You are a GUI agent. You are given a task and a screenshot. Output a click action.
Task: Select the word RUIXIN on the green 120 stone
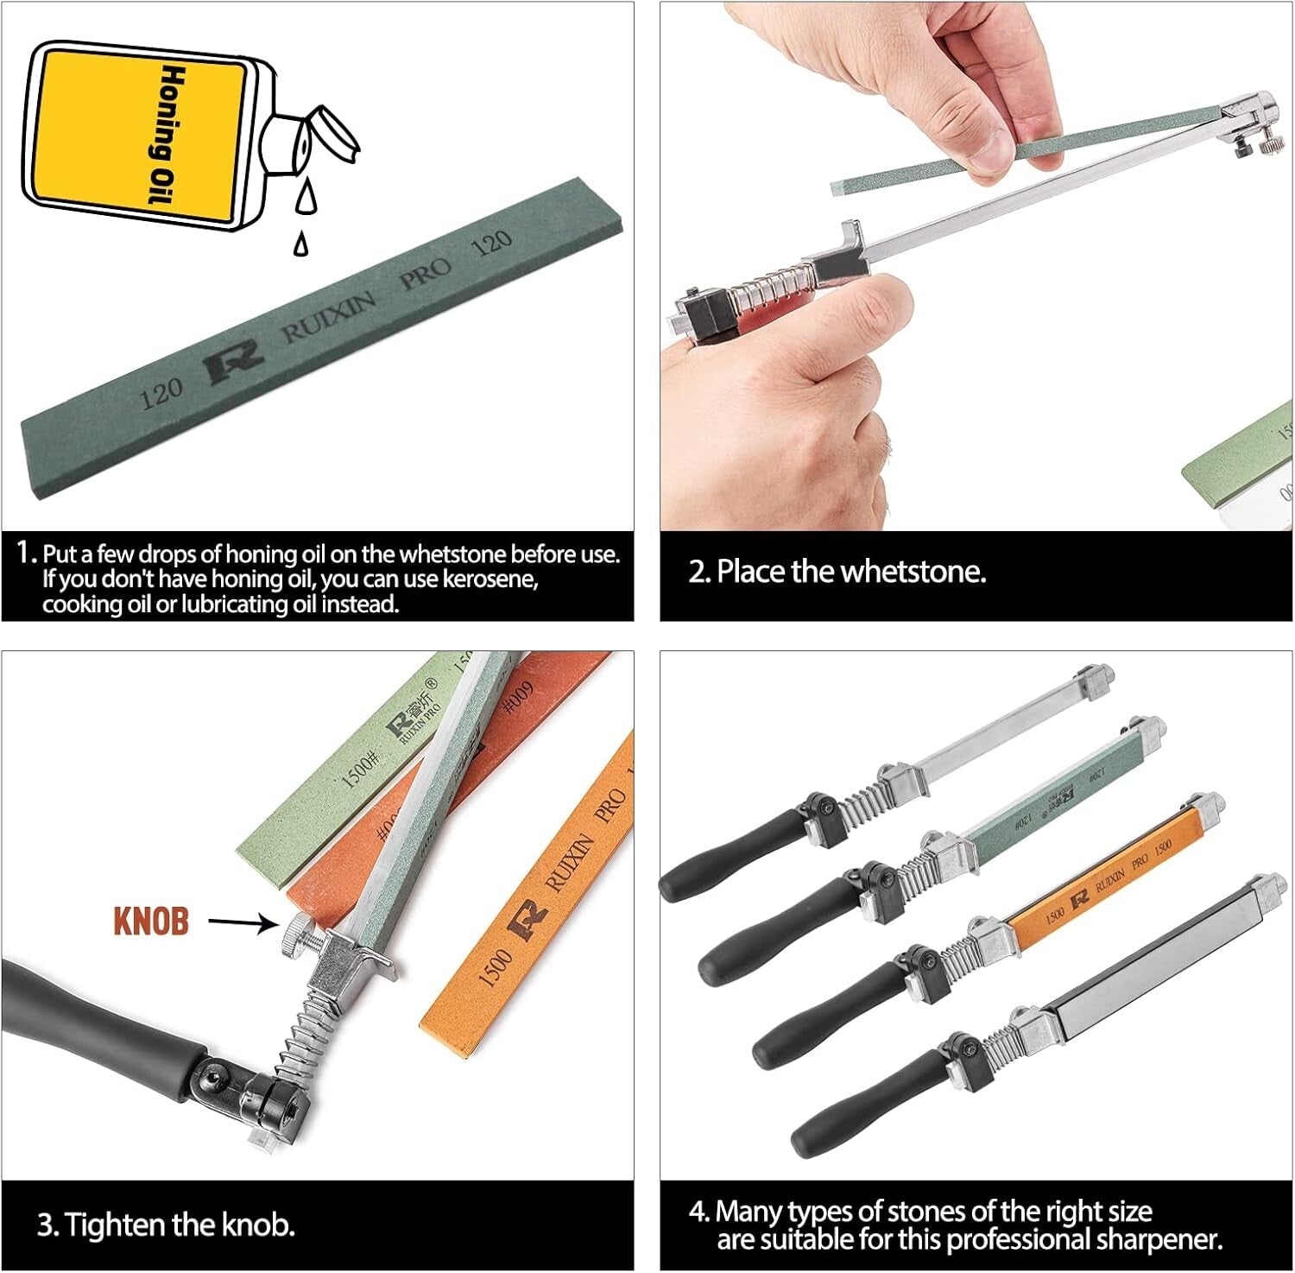(330, 317)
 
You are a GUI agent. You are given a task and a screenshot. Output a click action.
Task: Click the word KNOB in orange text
(151, 921)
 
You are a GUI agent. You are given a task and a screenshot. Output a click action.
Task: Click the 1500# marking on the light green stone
(360, 769)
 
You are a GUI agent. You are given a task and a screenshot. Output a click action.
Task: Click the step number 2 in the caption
(698, 572)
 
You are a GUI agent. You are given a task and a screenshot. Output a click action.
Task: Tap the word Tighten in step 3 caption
(116, 1224)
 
